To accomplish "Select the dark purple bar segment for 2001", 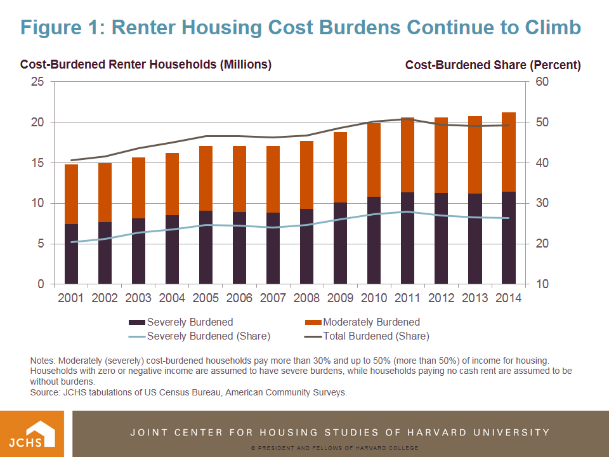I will point(71,254).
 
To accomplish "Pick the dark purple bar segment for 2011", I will point(407,238).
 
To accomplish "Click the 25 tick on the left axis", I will point(39,82).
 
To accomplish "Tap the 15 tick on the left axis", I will point(39,163).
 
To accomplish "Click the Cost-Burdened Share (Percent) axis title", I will point(492,65).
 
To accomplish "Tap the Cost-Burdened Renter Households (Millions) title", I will point(146,65).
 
